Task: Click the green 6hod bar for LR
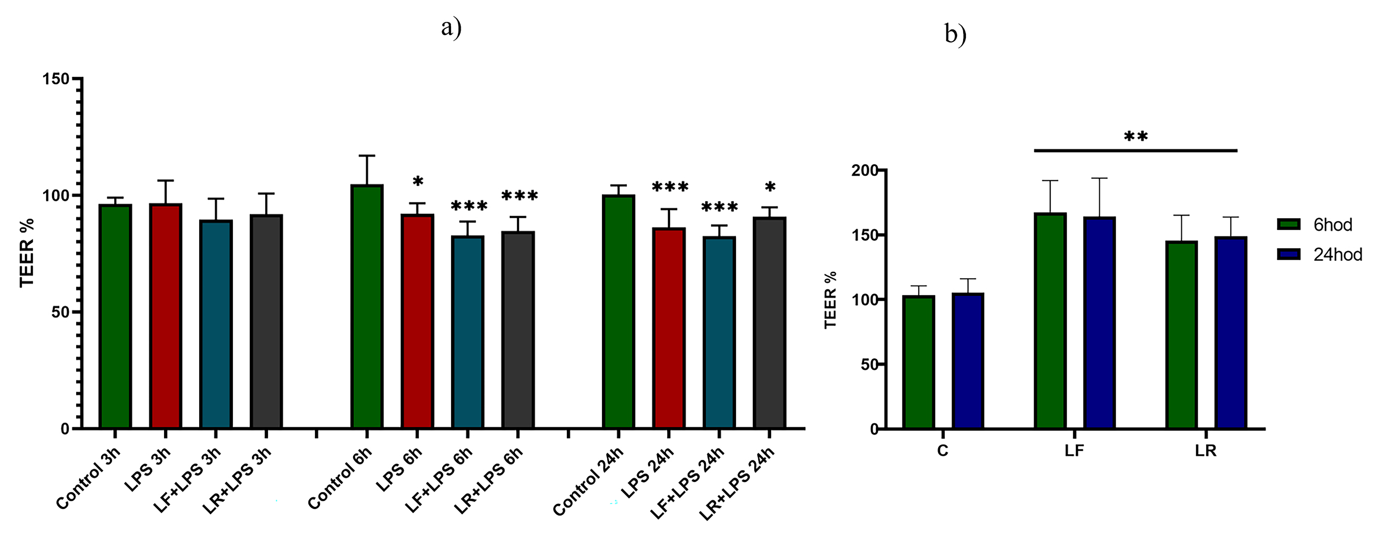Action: (x=1181, y=335)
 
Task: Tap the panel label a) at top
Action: (x=451, y=28)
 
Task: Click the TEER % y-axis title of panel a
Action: (x=27, y=253)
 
